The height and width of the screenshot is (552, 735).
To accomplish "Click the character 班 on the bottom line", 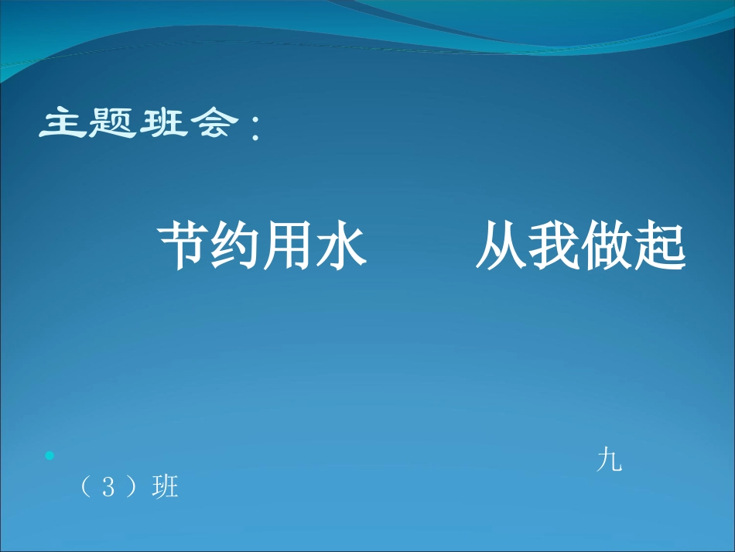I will point(166,488).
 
